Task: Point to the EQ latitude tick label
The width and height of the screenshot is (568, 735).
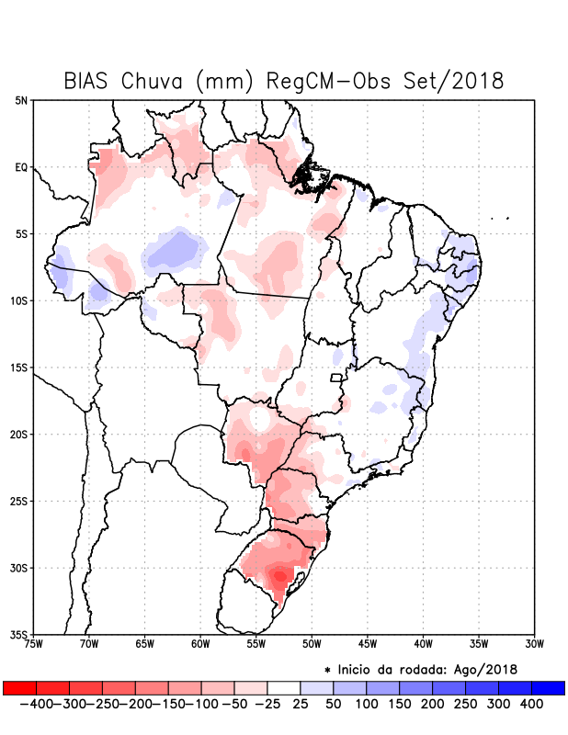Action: tap(21, 167)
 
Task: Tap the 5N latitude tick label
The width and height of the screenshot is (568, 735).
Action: tap(21, 100)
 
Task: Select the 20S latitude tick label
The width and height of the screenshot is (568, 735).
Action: tap(19, 435)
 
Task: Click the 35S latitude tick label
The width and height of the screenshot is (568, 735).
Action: tap(19, 634)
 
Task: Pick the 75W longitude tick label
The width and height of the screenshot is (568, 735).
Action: tap(34, 644)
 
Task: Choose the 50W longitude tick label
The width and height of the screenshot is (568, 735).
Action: tap(312, 644)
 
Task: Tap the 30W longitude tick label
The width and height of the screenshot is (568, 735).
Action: tap(534, 644)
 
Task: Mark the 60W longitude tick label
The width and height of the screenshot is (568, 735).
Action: tap(200, 644)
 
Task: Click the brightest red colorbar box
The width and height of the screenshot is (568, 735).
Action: tap(19, 687)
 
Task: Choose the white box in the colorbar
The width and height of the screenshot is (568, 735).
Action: tap(283, 687)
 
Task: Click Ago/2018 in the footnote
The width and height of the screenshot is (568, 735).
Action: tap(487, 669)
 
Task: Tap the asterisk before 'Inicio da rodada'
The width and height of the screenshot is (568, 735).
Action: tap(328, 670)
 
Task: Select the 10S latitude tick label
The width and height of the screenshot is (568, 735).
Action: tap(19, 301)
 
